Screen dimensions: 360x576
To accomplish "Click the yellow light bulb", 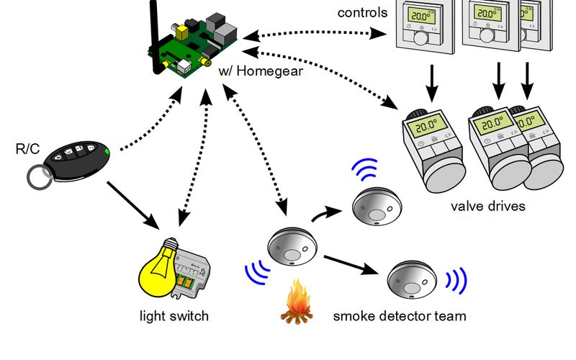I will click(x=159, y=268).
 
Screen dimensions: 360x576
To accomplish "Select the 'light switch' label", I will click(x=174, y=316).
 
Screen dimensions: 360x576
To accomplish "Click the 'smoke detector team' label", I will click(x=399, y=316).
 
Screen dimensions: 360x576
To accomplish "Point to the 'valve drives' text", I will click(x=488, y=207).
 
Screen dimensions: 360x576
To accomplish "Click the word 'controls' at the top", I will click(x=362, y=12).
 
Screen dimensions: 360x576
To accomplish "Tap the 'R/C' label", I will click(x=27, y=149).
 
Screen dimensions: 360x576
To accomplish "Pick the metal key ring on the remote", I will click(x=39, y=177).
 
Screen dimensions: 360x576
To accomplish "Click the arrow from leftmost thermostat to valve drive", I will click(x=431, y=83).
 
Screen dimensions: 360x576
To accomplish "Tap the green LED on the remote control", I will click(x=107, y=150).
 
